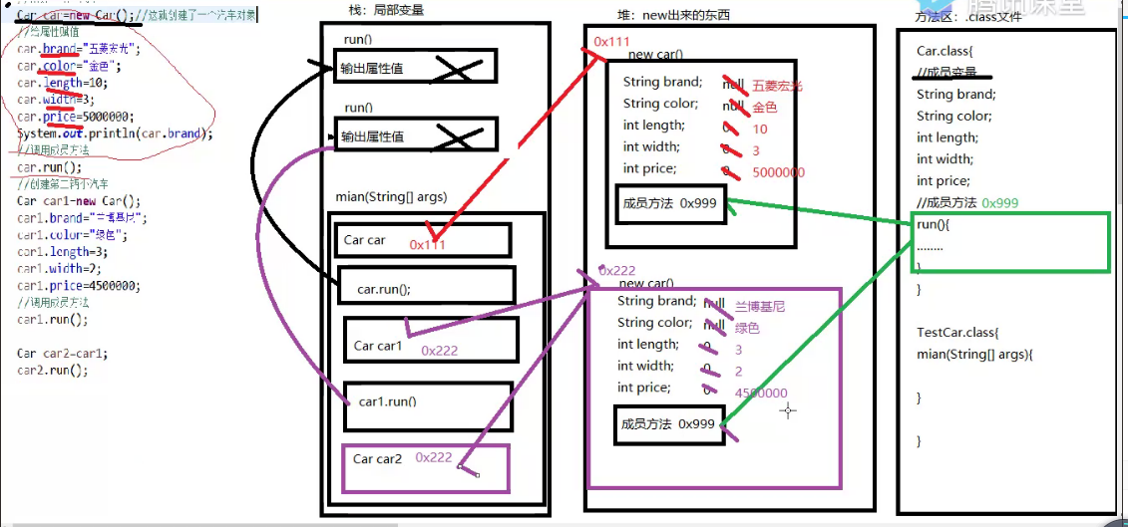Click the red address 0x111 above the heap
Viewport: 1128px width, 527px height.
pyautogui.click(x=611, y=41)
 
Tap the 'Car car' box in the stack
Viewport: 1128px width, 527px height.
pyautogui.click(x=422, y=240)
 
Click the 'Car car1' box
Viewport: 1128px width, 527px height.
pyautogui.click(x=431, y=341)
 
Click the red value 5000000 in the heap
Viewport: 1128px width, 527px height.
pyautogui.click(x=778, y=172)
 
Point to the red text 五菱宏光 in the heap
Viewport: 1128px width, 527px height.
pyautogui.click(x=777, y=86)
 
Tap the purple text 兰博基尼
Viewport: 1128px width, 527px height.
pyautogui.click(x=760, y=306)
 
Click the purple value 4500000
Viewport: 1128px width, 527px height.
pyautogui.click(x=760, y=394)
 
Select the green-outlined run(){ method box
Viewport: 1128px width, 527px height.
pyautogui.click(x=1011, y=242)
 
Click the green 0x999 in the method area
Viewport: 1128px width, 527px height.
pyautogui.click(x=1000, y=202)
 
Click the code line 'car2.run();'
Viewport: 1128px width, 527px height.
pyautogui.click(x=52, y=370)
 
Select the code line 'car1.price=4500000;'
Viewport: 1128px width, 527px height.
pyautogui.click(x=78, y=285)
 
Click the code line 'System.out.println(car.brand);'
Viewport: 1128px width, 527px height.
pyautogui.click(x=115, y=133)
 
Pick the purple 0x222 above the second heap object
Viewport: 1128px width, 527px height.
pyautogui.click(x=617, y=270)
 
